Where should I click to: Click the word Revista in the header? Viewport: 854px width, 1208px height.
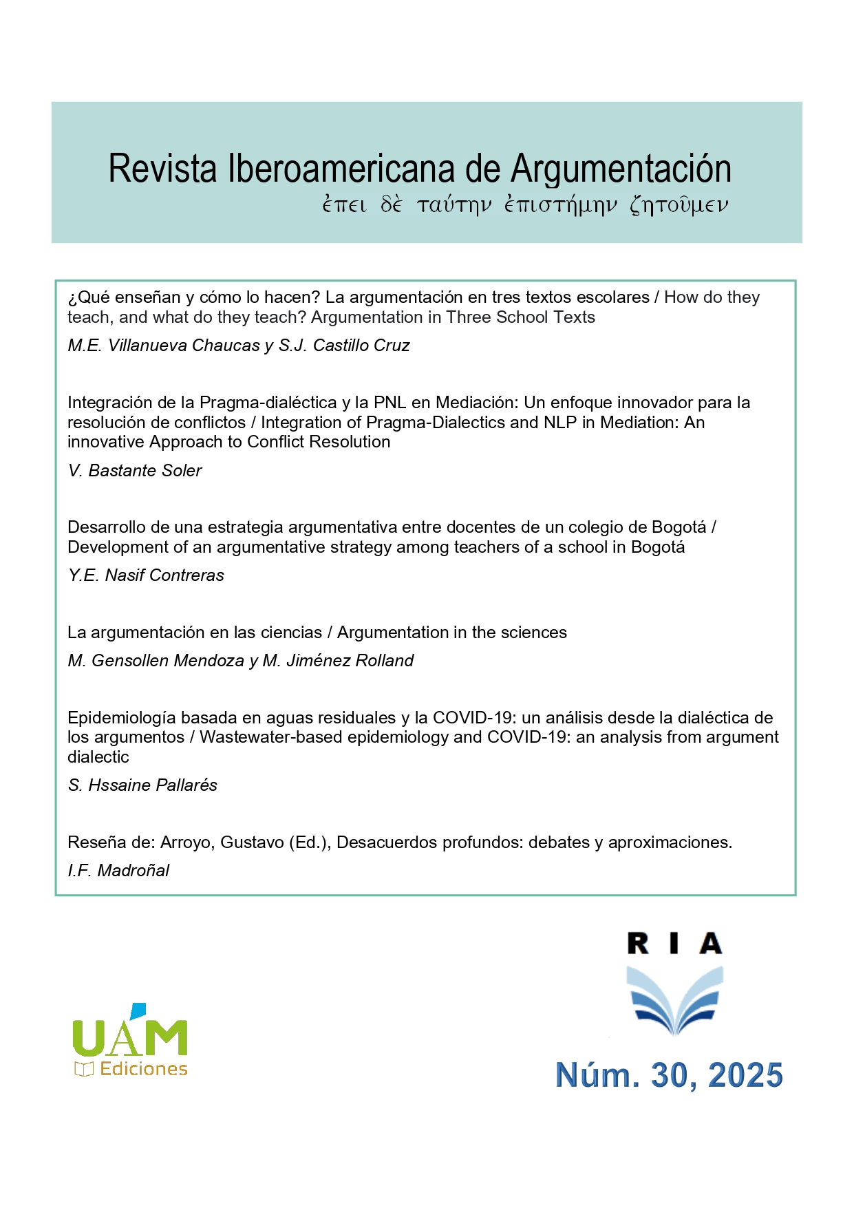pos(162,169)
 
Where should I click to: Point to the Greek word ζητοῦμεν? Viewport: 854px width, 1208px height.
pos(679,205)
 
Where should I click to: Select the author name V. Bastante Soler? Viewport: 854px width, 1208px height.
pos(135,470)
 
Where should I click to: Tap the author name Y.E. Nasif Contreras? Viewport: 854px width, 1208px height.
pos(146,575)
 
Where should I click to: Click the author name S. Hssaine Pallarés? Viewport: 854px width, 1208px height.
pos(142,785)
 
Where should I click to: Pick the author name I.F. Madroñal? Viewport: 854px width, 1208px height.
pos(118,871)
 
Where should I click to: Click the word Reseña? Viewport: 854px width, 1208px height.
pos(91,843)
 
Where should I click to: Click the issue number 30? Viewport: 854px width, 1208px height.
pos(669,1075)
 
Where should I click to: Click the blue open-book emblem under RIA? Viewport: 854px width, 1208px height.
pos(674,999)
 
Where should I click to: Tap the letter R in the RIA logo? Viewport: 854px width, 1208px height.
pos(638,944)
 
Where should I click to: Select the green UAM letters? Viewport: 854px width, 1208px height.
pos(130,1038)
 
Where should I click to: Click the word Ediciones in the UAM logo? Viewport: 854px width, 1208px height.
pos(143,1069)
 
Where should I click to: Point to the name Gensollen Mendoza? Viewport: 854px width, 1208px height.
pos(167,661)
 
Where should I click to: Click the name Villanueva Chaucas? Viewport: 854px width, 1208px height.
pos(184,346)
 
